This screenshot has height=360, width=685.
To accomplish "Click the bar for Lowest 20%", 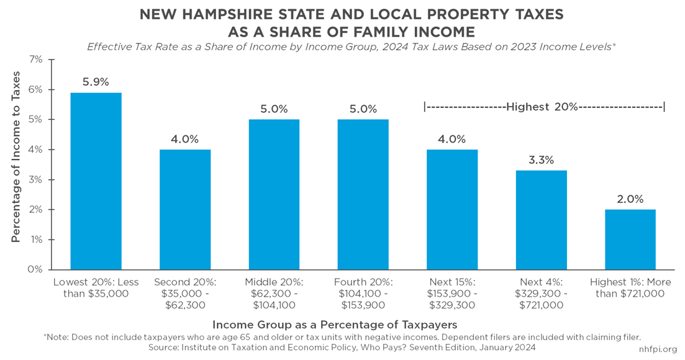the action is tap(96, 181).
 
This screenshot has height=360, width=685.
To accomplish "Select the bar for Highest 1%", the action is tap(630, 240).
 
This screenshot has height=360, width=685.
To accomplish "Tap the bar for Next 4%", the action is tap(542, 220).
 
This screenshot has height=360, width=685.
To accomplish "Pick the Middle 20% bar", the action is tap(274, 195).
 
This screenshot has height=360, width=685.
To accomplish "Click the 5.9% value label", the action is tap(96, 82).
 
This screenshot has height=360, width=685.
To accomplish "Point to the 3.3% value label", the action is tap(542, 160).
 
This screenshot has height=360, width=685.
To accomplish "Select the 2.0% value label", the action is tap(630, 199).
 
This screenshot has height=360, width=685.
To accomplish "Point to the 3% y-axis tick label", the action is tap(36, 180).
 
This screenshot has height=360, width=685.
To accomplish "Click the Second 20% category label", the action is tap(185, 294).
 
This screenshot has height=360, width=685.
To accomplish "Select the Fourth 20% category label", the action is tap(363, 294).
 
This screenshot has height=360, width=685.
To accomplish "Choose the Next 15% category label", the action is tap(452, 294).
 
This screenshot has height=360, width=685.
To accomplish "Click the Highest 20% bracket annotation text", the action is tap(542, 107).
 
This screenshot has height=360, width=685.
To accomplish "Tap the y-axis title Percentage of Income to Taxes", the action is tap(16, 157).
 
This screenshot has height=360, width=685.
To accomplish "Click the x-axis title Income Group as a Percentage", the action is tap(335, 325).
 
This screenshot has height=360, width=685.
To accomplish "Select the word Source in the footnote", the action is tap(162, 348).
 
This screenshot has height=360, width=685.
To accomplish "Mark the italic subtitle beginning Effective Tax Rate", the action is tap(352, 47).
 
